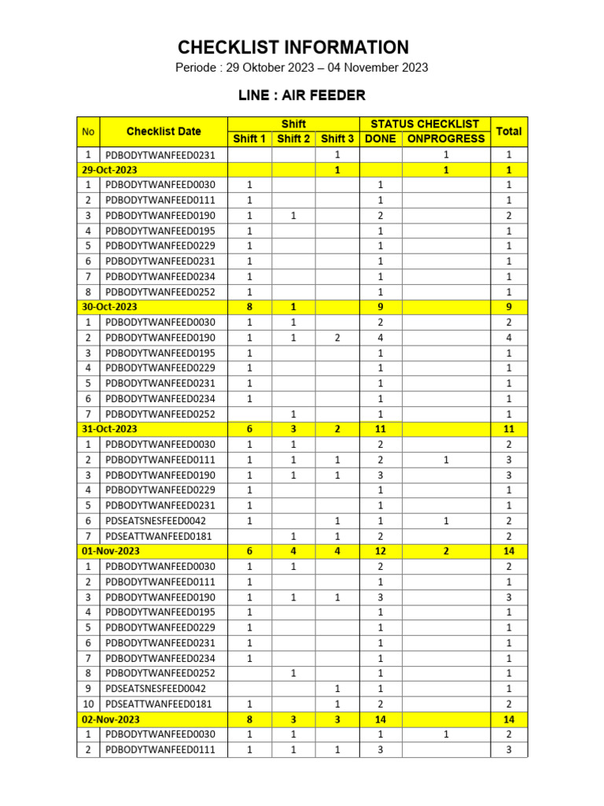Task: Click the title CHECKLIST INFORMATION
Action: (x=293, y=47)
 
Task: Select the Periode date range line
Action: (x=301, y=68)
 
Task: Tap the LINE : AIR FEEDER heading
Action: (x=302, y=96)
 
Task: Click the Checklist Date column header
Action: (x=164, y=131)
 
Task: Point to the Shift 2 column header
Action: (x=293, y=139)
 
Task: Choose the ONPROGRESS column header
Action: (x=446, y=139)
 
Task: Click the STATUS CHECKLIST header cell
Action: (x=425, y=124)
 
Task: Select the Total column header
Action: (x=508, y=131)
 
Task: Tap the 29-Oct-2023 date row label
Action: (x=109, y=170)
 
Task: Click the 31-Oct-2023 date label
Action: (x=109, y=429)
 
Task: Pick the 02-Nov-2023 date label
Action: (x=110, y=719)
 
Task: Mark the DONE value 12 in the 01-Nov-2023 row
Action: (x=380, y=551)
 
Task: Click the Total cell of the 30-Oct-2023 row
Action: (x=508, y=307)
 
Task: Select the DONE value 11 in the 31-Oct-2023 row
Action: (x=380, y=429)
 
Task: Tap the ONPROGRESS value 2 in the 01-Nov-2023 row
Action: (x=446, y=551)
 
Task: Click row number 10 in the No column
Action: (x=88, y=704)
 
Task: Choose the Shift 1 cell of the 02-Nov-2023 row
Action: (x=250, y=719)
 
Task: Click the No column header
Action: (x=88, y=131)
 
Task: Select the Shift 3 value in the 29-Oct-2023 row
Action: (x=337, y=170)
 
